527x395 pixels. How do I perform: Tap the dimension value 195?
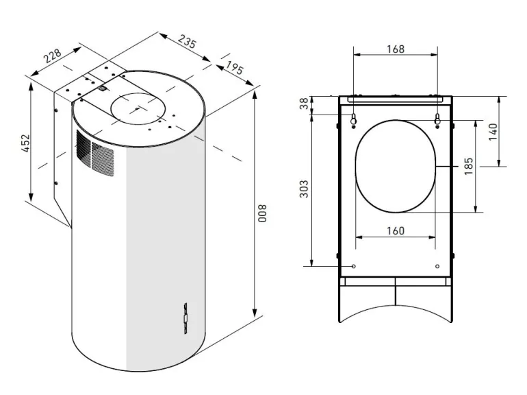point(233,69)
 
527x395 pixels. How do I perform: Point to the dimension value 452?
point(25,143)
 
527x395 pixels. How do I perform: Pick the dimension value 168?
point(395,49)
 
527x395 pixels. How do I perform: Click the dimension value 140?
point(492,131)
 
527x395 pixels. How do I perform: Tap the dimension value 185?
point(468,166)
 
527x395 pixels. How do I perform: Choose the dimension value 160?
point(395,230)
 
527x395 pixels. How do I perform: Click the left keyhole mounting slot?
point(353,121)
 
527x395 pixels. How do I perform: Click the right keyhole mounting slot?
point(437,121)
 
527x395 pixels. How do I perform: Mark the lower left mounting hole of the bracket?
point(353,266)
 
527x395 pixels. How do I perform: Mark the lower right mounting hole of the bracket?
point(437,266)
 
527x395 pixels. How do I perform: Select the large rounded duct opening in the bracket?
point(395,165)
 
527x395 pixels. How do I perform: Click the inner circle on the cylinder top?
point(137,108)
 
